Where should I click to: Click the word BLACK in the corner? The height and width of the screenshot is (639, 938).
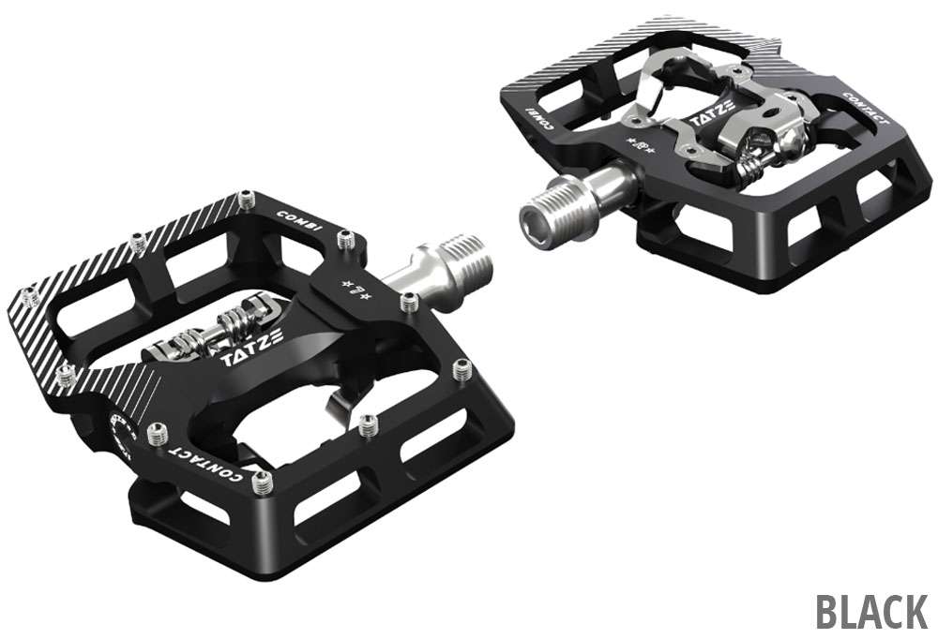point(871,610)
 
